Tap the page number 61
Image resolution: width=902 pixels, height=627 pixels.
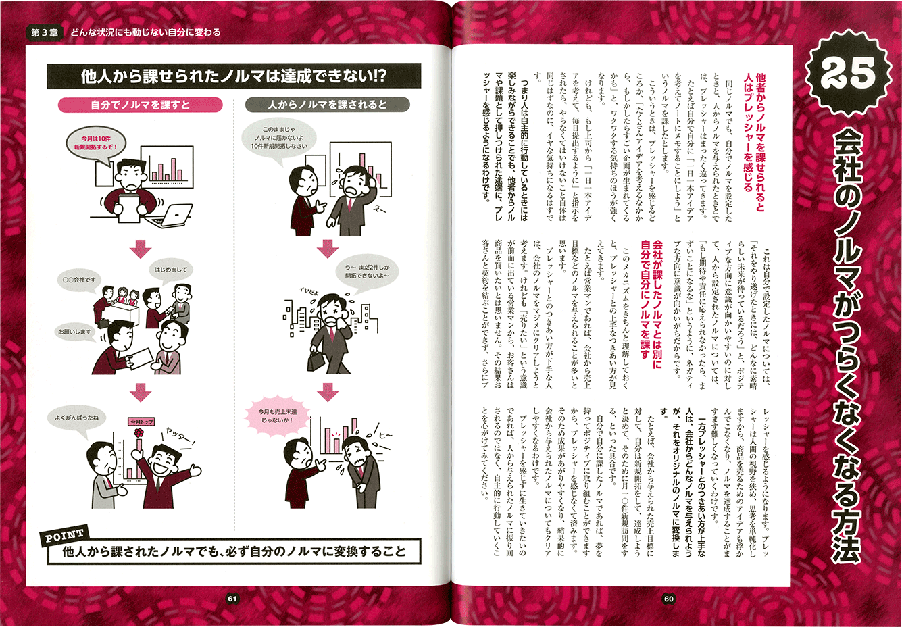click(232, 599)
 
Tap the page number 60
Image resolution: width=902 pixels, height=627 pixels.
click(668, 599)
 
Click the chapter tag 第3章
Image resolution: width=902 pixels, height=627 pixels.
click(45, 32)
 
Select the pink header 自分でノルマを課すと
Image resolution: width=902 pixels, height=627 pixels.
click(140, 105)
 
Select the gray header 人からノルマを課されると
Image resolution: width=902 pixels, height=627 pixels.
click(328, 105)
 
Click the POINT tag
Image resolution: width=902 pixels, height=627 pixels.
click(64, 536)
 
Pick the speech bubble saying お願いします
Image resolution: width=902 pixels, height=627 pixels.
click(75, 332)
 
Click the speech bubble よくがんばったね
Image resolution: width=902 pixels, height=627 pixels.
click(77, 419)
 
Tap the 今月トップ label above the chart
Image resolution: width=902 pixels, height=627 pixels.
click(141, 422)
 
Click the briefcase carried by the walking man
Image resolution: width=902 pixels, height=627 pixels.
click(316, 361)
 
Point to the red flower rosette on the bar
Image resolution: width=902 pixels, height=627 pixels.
click(139, 433)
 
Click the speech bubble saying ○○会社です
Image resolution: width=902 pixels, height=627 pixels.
click(79, 280)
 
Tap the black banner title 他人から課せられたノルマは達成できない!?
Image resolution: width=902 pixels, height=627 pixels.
click(234, 76)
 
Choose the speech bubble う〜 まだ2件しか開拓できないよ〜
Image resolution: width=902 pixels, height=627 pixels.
click(367, 272)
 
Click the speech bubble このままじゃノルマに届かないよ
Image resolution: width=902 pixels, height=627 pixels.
click(278, 138)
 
